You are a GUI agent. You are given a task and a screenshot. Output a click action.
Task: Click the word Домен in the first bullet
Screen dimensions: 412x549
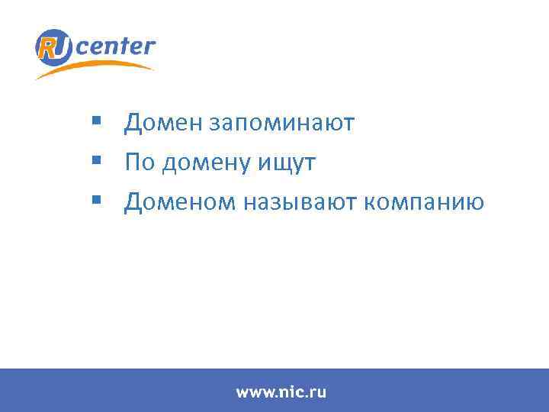161,123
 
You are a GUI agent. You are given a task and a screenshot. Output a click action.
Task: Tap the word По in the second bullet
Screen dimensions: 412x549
138,163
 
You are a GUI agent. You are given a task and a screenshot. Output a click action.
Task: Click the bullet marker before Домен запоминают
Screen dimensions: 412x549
95,121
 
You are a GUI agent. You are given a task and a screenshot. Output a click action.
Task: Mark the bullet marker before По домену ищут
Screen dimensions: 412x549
95,160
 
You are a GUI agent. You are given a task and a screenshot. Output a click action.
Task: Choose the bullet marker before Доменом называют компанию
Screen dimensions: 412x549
95,200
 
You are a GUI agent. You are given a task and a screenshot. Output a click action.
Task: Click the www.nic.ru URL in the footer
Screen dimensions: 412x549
281,392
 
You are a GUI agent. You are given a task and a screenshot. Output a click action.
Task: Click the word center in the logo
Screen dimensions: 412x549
116,47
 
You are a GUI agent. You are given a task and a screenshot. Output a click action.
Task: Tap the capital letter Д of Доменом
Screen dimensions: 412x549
133,202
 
